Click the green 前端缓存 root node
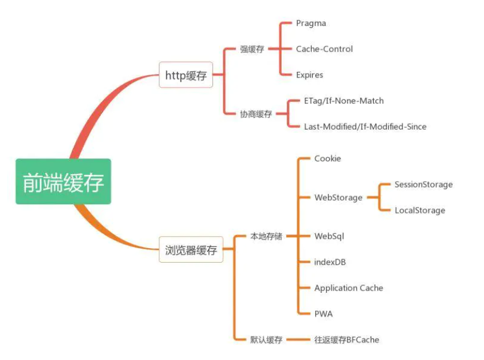63,181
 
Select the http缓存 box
186,75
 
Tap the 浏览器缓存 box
190,250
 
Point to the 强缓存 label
252,49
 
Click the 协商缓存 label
256,114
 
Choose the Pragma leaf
311,23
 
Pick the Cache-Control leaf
324,49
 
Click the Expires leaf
309,75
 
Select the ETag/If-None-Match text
343,101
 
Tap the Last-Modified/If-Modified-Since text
365,126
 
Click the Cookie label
327,159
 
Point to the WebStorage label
338,197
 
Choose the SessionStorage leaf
423,185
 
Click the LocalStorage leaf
420,210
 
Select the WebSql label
330,236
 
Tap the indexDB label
330,262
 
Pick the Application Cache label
349,288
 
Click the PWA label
323,314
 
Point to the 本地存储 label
266,236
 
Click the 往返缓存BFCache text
347,340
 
